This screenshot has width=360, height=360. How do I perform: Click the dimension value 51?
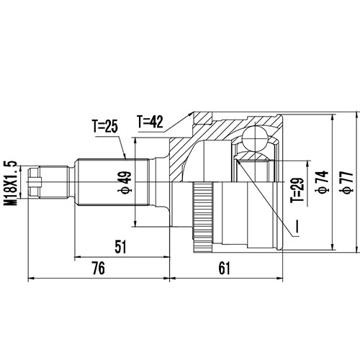point(120,247)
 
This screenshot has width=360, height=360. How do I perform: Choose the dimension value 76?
point(99,269)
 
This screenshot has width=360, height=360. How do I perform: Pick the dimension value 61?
point(224,269)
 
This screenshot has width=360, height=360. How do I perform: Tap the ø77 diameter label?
point(346,181)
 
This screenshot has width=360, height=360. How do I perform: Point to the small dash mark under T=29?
point(296,229)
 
